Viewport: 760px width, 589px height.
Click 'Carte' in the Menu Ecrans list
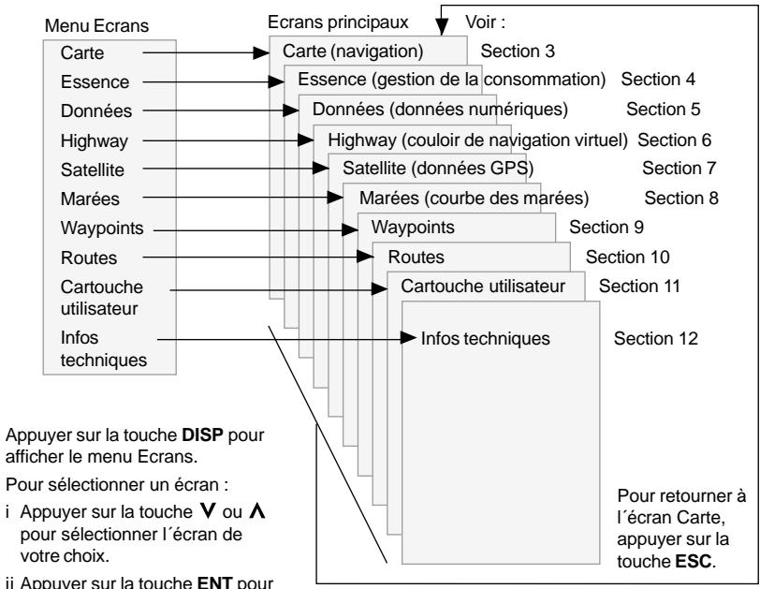[x=82, y=52]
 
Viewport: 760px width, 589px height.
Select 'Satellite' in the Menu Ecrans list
[x=92, y=169]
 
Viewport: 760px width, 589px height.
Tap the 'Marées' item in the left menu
[x=90, y=199]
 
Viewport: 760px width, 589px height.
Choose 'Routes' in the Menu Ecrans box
[x=89, y=258]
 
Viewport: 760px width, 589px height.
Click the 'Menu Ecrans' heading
[x=96, y=25]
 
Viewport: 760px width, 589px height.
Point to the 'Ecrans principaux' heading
[x=338, y=22]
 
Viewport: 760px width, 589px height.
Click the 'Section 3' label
[x=518, y=51]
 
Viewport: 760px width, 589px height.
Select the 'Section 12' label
[x=655, y=338]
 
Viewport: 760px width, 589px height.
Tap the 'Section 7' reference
[x=679, y=169]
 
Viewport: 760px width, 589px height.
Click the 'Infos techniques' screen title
[x=485, y=338]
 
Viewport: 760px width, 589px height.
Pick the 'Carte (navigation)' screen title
[x=353, y=51]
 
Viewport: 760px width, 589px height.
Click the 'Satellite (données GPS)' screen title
[x=438, y=169]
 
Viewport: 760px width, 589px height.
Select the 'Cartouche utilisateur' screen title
[x=483, y=286]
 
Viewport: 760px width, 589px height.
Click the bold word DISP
[x=202, y=434]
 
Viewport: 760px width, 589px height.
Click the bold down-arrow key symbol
[x=207, y=510]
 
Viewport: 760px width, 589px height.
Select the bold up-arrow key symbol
[x=256, y=510]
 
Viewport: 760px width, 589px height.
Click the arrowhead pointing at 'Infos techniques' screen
[x=409, y=338]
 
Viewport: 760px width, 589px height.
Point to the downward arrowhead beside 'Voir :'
[x=442, y=27]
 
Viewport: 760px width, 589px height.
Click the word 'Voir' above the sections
[x=481, y=22]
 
